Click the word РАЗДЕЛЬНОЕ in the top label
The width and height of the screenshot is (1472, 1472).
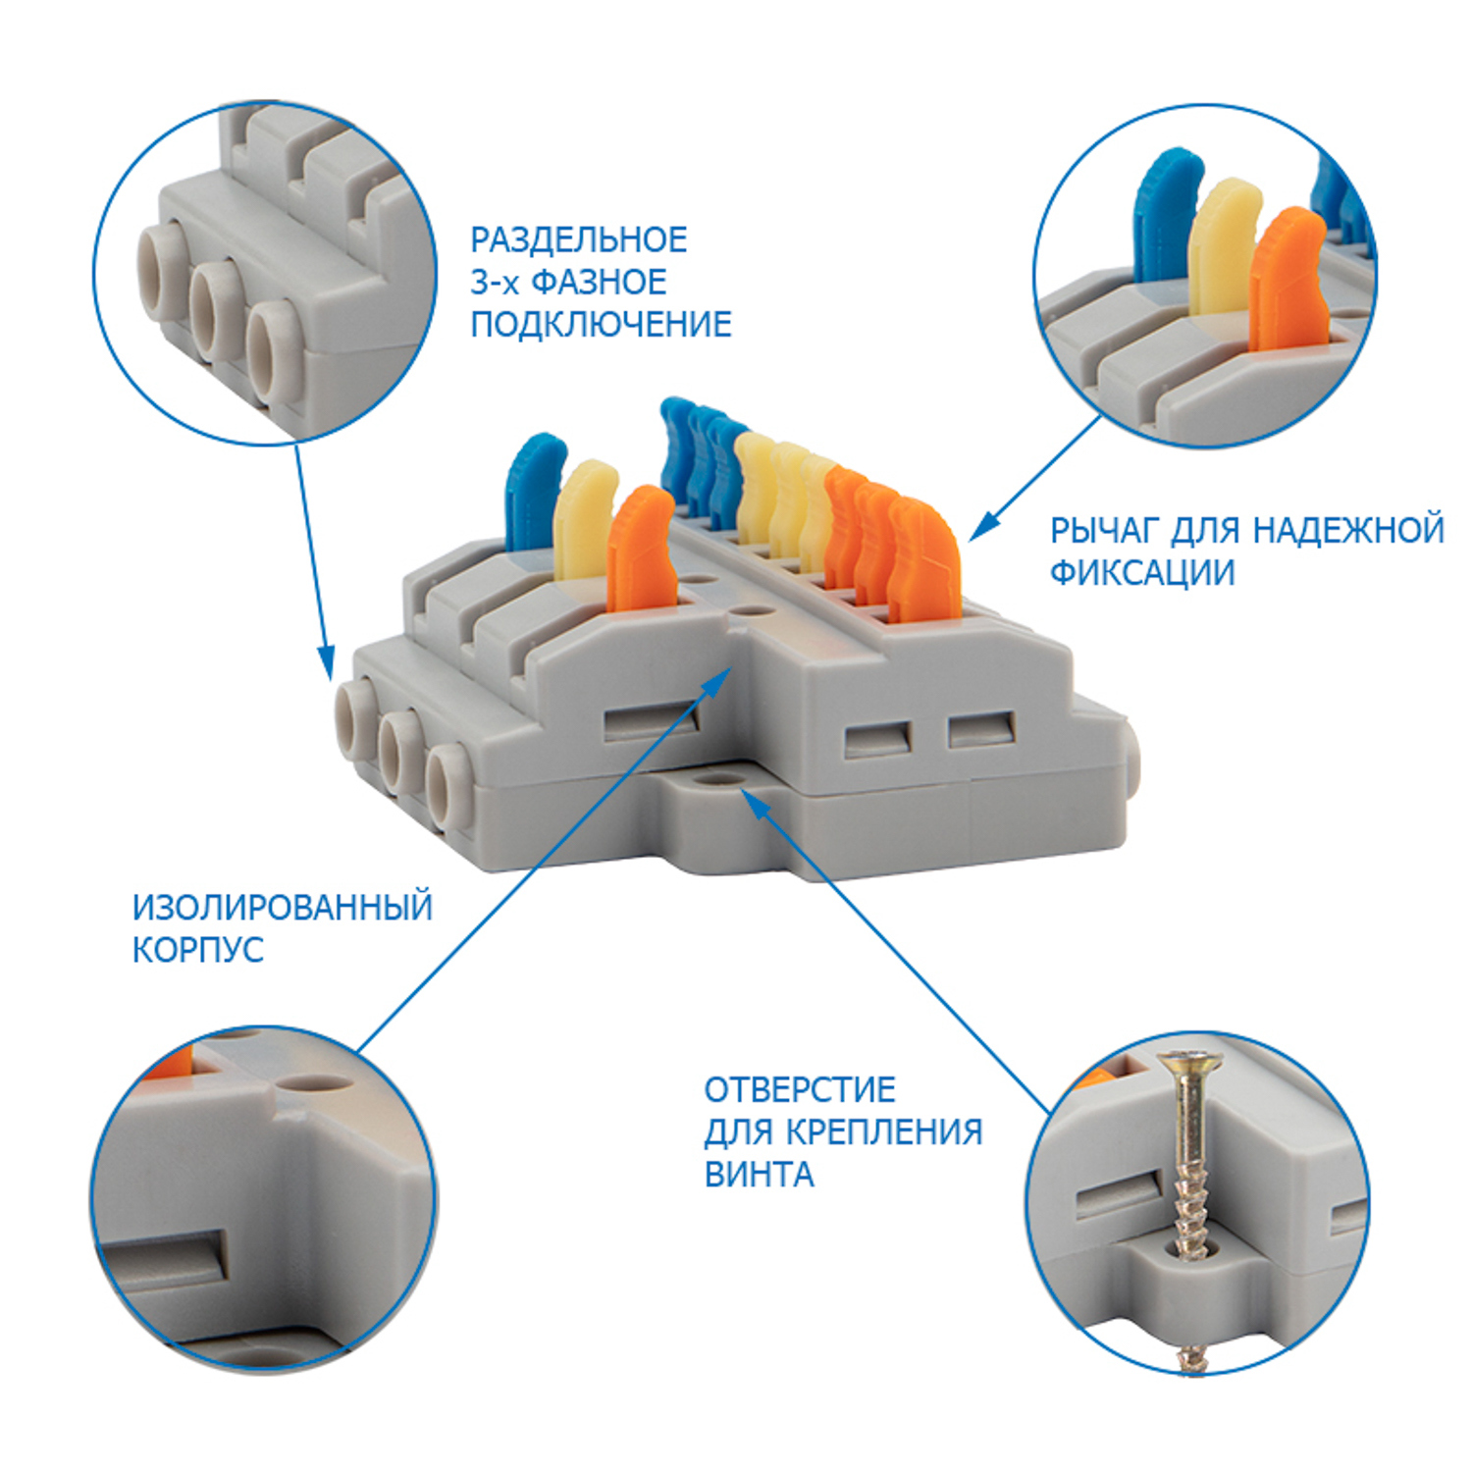point(579,239)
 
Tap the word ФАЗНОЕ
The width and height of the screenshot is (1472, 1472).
point(599,283)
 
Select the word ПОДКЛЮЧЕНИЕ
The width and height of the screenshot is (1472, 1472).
point(601,325)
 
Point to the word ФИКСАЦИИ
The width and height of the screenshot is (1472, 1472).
point(1142,573)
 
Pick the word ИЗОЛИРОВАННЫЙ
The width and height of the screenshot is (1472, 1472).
point(283,908)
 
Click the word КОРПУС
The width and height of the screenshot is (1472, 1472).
point(198,950)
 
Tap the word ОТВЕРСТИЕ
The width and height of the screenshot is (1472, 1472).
point(800,1090)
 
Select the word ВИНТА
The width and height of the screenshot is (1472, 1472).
point(760,1175)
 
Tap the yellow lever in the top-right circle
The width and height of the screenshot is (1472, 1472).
point(1222,245)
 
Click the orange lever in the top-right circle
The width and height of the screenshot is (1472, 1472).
point(1288,280)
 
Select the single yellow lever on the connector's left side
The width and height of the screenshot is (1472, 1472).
point(583,520)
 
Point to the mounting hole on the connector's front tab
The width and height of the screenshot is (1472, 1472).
point(719,778)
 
